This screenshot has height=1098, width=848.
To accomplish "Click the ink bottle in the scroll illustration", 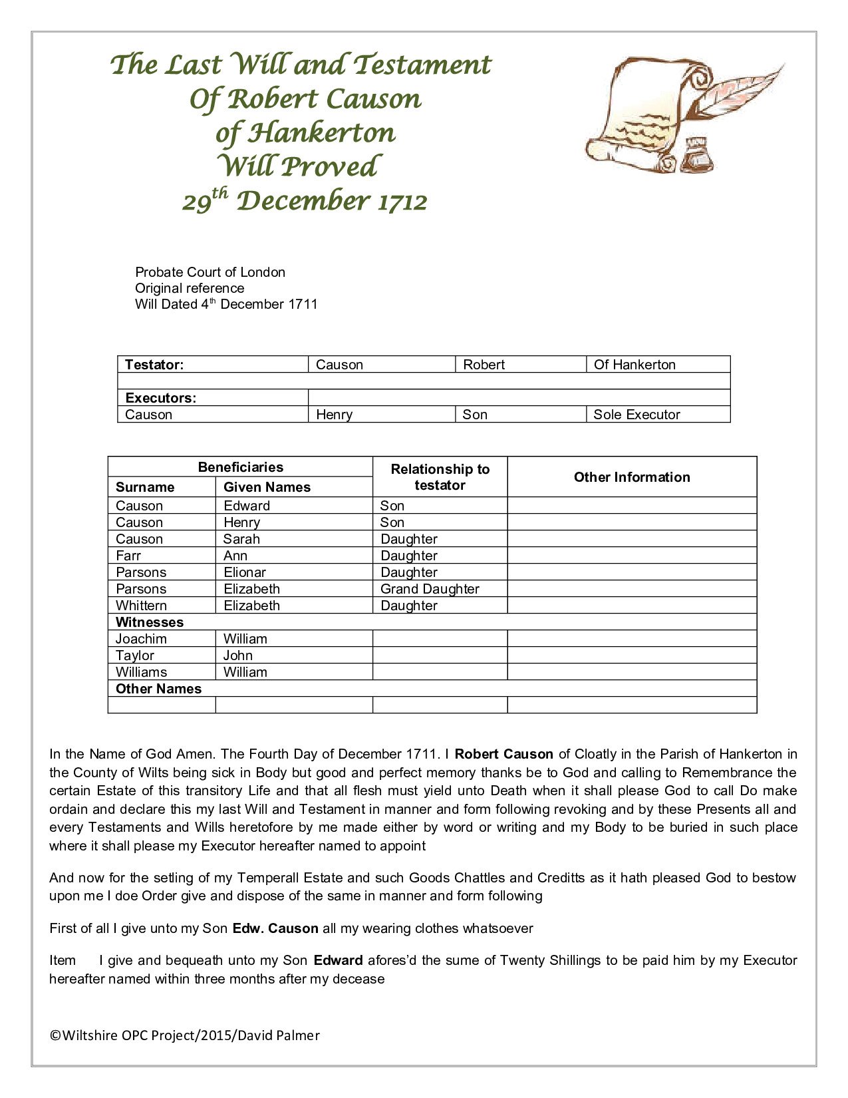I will [x=697, y=154].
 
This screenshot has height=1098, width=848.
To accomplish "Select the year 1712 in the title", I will [x=402, y=202].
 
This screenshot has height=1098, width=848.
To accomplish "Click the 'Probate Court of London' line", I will [x=210, y=272].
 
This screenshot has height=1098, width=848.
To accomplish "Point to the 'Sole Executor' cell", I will [x=636, y=415].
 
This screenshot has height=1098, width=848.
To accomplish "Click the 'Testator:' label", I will [x=154, y=365].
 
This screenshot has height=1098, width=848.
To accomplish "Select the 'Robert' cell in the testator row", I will [x=484, y=365].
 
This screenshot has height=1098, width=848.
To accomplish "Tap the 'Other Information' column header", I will [x=631, y=477].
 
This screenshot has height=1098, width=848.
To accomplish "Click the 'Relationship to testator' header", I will [x=440, y=477].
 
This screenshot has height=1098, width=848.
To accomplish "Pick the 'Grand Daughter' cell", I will [x=430, y=589].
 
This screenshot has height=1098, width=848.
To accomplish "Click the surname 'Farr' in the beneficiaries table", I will [x=128, y=556].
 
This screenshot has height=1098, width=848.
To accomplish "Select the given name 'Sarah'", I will [x=241, y=539].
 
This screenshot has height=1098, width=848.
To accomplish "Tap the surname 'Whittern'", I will [x=141, y=606].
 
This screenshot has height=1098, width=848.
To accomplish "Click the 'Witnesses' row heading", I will [x=150, y=622].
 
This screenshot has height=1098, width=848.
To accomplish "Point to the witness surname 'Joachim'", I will [x=141, y=639].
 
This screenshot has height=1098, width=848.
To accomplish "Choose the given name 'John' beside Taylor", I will [x=238, y=655].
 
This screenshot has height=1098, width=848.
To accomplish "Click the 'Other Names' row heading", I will [x=158, y=689].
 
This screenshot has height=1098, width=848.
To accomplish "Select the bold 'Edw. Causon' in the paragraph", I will [x=275, y=928].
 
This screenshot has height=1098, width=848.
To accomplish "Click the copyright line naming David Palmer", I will [x=185, y=1035].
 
